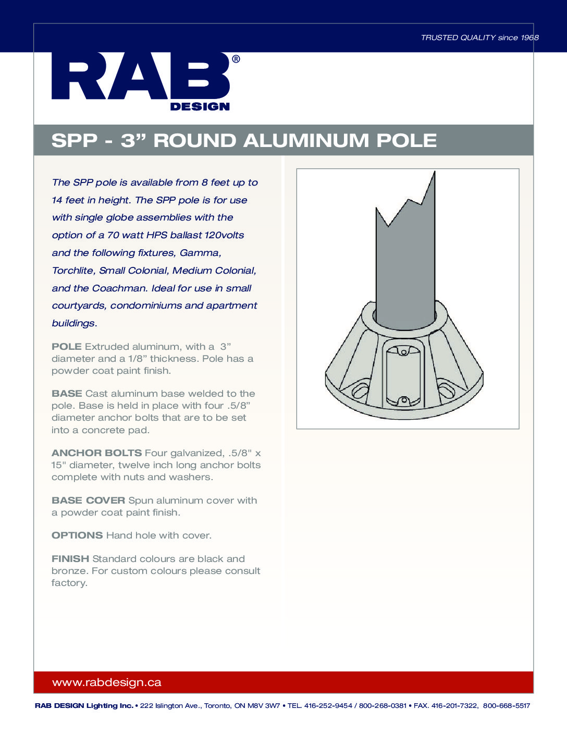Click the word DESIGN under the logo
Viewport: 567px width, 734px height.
click(200, 107)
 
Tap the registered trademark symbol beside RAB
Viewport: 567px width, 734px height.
click(236, 59)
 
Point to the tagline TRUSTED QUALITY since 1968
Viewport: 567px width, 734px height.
click(479, 38)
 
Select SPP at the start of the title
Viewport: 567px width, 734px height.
click(74, 141)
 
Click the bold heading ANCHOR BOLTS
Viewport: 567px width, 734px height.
click(96, 453)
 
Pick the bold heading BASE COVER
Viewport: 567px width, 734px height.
click(88, 500)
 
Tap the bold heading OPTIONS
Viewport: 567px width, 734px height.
click(77, 535)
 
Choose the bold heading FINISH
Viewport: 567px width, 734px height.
click(70, 559)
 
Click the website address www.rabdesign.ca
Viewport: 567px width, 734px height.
click(107, 682)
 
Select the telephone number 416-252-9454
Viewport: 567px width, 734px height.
click(328, 706)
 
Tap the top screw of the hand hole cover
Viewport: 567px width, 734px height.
click(404, 352)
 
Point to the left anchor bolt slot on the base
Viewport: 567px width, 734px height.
click(360, 390)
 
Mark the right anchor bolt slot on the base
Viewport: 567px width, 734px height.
click(446, 389)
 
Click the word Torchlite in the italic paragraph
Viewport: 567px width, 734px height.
click(73, 271)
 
